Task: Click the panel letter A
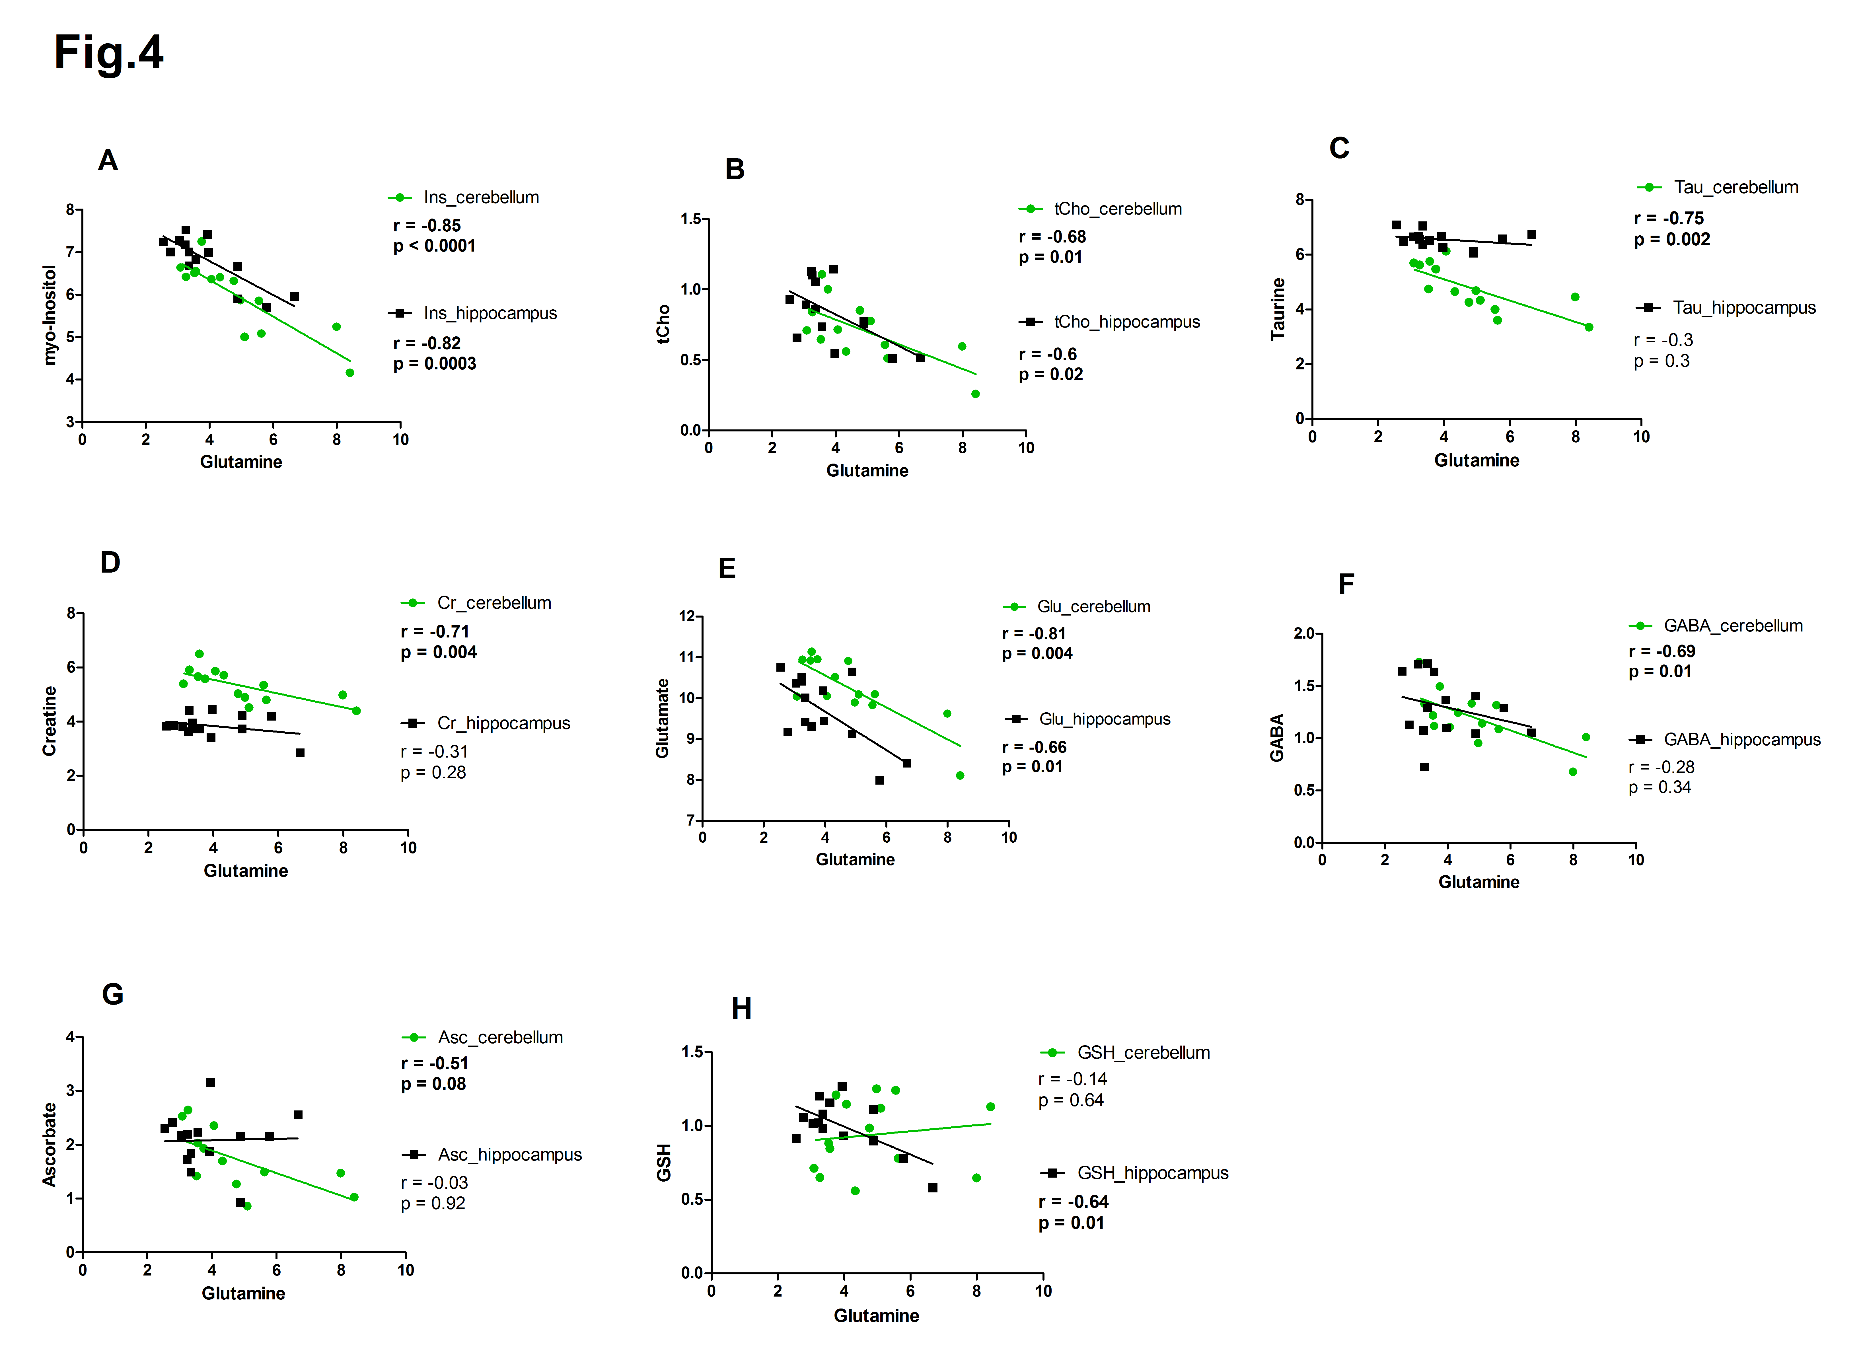click(108, 160)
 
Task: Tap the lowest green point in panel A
click(350, 373)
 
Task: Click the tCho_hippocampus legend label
click(1126, 322)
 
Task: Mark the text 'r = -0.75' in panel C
click(1668, 218)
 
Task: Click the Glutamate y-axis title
click(662, 718)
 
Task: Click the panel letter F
click(1346, 585)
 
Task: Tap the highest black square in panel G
click(211, 1082)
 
